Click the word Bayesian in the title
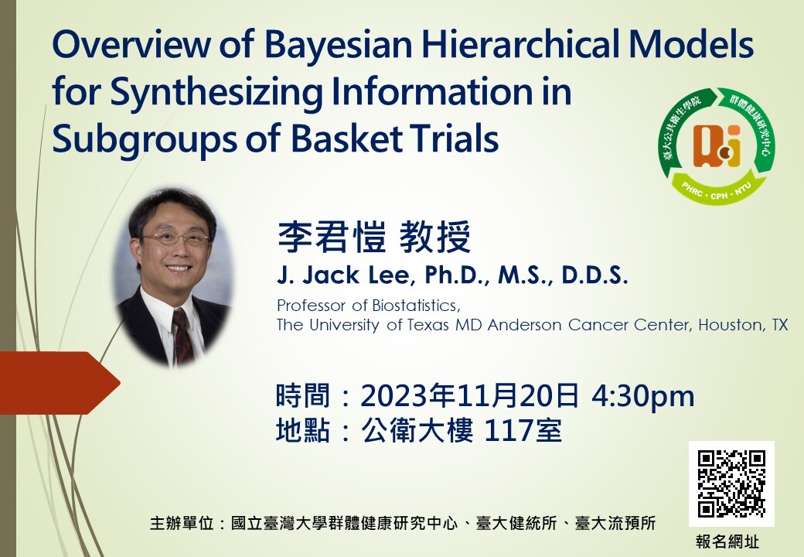point(339,45)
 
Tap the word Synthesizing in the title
point(216,93)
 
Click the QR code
point(731,484)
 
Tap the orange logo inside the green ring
point(717,147)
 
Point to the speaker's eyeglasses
point(175,237)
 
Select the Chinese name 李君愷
point(332,237)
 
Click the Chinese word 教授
point(434,237)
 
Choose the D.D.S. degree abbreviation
point(594,275)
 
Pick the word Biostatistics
point(417,306)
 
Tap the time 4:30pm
point(643,396)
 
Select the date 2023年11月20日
point(470,396)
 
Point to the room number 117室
point(523,430)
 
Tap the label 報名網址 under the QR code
point(727,542)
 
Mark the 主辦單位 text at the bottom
point(182,523)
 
